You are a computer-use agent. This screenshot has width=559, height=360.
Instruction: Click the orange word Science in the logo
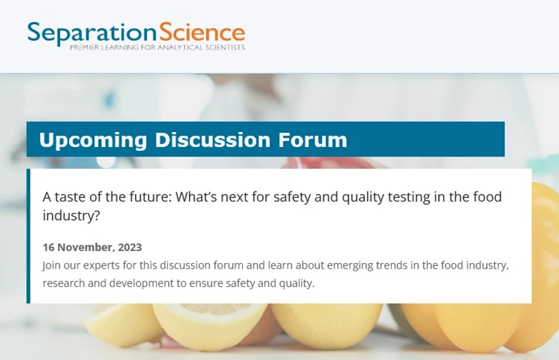point(202,33)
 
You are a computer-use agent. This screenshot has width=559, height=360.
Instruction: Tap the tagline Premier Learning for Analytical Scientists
point(157,48)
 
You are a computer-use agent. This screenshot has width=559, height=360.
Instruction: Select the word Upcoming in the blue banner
point(93,139)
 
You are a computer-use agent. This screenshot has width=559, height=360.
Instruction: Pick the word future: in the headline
point(148,197)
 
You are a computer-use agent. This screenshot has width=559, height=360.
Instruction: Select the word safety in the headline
point(292,197)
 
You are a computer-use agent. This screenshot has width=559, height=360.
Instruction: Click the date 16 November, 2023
point(92,247)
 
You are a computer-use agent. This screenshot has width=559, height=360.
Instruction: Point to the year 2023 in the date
point(130,247)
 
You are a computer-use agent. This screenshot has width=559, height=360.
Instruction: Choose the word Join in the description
point(52,265)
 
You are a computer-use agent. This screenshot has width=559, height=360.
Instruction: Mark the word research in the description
point(63,283)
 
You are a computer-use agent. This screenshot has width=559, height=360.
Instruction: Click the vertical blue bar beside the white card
point(29,236)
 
